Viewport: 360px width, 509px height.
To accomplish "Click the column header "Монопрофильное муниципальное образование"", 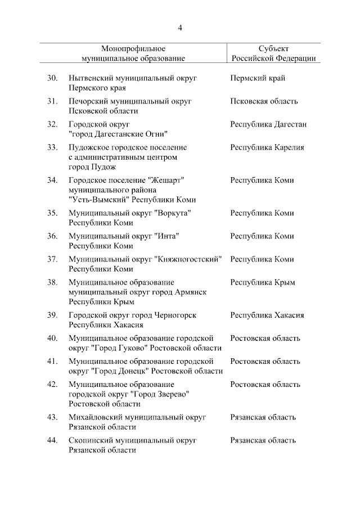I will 133,53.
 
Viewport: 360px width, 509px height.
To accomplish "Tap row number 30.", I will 52,78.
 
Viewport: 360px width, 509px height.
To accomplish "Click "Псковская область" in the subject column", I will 264,101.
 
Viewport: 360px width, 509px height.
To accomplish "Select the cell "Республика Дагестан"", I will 268,124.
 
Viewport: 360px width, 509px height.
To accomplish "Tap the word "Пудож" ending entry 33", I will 104,167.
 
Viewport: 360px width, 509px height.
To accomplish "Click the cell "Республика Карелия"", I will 267,147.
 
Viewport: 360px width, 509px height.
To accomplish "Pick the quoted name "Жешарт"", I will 166,181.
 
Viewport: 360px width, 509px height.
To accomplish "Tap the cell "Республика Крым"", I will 262,282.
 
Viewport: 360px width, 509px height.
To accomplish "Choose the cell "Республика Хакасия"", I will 267,315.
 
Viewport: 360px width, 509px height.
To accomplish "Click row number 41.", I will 52,361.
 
